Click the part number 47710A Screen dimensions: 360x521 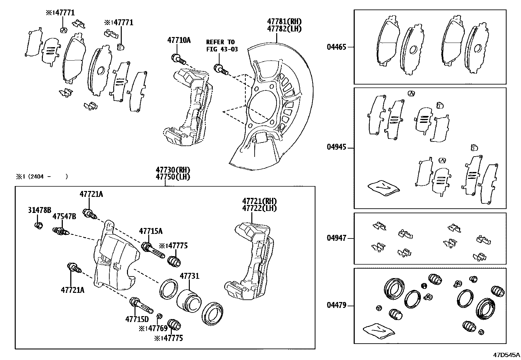(179, 40)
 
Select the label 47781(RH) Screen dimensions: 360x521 (284, 22)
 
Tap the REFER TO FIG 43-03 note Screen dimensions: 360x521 (222, 46)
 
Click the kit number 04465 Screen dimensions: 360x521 (336, 47)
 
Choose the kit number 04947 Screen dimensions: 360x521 (336, 238)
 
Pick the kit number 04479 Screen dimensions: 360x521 (336, 306)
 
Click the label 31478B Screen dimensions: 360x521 (39, 210)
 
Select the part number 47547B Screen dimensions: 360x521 (64, 217)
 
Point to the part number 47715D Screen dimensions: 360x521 (137, 319)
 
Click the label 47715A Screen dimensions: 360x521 (151, 231)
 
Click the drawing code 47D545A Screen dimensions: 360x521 (507, 355)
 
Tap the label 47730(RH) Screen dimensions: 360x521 (173, 170)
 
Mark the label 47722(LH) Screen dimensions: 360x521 (259, 208)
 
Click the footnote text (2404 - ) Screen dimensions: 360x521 (48, 177)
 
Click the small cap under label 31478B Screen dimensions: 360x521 (39, 226)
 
